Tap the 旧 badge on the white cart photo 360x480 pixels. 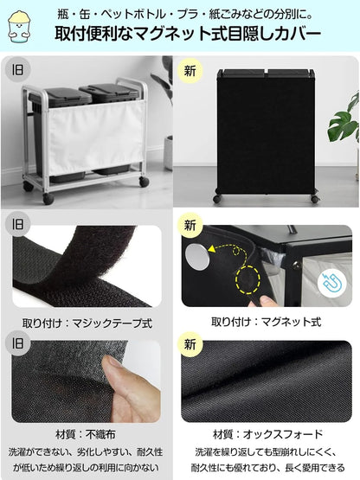(16, 70)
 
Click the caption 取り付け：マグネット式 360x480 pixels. (266, 323)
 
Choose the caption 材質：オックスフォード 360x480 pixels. (267, 434)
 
